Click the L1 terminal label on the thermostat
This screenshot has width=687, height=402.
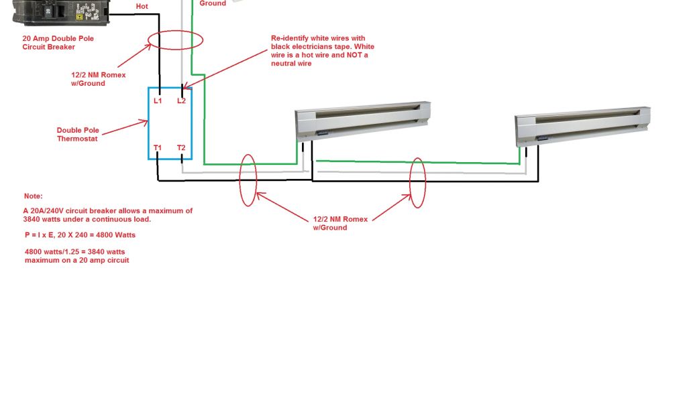pyautogui.click(x=158, y=100)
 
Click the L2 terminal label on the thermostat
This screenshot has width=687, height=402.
pyautogui.click(x=181, y=100)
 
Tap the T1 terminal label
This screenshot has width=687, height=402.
pyautogui.click(x=158, y=147)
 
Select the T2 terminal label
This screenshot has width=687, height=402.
pyautogui.click(x=181, y=147)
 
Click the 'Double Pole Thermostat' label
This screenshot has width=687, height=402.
pyautogui.click(x=76, y=135)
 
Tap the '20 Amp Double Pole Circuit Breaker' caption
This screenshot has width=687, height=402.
pyautogui.click(x=58, y=43)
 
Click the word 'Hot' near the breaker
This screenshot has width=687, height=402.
pyautogui.click(x=142, y=6)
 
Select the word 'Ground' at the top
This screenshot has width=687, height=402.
pyautogui.click(x=213, y=3)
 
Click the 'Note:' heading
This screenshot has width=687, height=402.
pyautogui.click(x=33, y=196)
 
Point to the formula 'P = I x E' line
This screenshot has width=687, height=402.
pyautogui.click(x=80, y=235)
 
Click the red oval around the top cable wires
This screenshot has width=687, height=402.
pyautogui.click(x=176, y=39)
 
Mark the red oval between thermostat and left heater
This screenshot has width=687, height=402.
pyautogui.click(x=248, y=180)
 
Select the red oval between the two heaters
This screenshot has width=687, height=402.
pyautogui.click(x=418, y=182)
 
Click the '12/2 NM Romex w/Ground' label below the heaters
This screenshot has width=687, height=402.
pyautogui.click(x=330, y=223)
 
